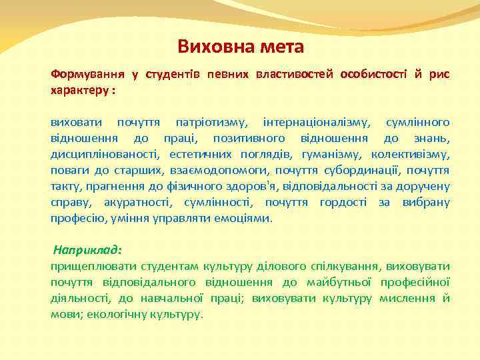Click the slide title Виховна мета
coord(240,47)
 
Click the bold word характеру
coord(80,89)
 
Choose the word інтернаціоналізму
coord(313,123)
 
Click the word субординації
coord(365,171)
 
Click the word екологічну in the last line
coord(120,315)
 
